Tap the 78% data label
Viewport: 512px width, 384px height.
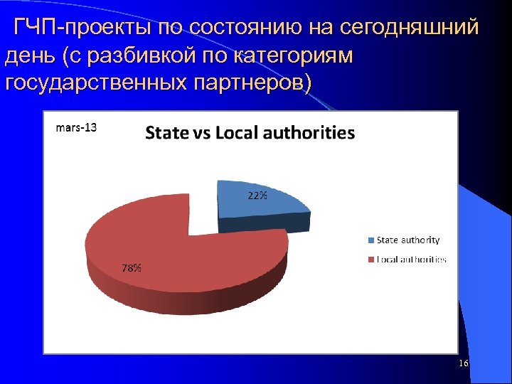coord(132,268)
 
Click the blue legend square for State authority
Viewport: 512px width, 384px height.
coord(371,240)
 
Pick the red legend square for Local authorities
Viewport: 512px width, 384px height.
coord(371,260)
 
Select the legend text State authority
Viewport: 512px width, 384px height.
coord(408,240)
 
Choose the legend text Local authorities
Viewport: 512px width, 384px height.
coord(412,260)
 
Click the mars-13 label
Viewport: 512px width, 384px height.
coord(76,128)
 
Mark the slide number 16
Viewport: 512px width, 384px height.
coord(464,363)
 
